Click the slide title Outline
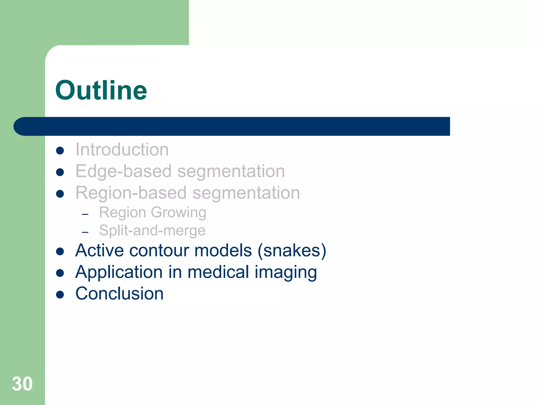coord(101,90)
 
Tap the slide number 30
coord(22,384)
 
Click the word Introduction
coord(122,150)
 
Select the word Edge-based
coord(123,171)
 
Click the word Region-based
coord(131,193)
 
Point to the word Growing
coord(179,213)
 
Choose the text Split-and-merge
coord(152,230)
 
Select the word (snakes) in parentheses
coord(292,250)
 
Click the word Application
coord(119,272)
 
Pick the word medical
coord(218,272)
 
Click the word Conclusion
coord(119,293)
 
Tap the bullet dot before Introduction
coord(60,151)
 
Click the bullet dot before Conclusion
coord(60,295)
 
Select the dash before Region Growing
coord(85,214)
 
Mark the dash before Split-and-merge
coord(85,232)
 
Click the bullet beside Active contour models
coord(60,252)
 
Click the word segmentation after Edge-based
coord(231,171)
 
